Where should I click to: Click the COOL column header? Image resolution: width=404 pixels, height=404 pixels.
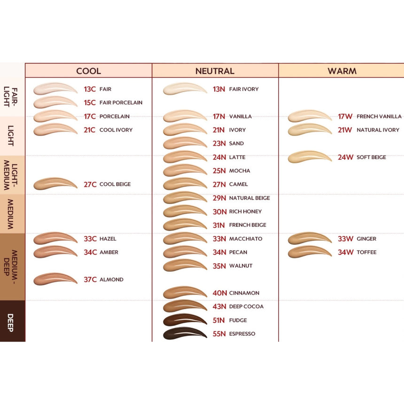point(88,71)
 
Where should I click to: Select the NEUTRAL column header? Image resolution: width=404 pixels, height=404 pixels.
point(215,71)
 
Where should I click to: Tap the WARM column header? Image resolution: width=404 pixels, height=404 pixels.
point(342,71)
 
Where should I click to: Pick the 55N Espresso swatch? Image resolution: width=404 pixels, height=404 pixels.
point(185,334)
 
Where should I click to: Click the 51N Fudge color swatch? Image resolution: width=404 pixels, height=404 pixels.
point(185,320)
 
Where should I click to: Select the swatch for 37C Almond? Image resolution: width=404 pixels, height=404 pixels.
point(55,279)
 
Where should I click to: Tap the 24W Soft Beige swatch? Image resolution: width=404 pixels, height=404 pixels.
point(310,157)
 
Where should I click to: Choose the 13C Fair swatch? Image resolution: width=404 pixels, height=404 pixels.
point(55,89)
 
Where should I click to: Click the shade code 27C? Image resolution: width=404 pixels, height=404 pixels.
point(90,184)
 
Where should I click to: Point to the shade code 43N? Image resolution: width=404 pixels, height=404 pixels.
point(219,306)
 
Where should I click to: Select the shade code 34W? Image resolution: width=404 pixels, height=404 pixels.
point(345,252)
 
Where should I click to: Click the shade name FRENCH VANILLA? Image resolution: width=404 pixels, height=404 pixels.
point(379,117)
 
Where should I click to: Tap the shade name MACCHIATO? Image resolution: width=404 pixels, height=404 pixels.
point(246,239)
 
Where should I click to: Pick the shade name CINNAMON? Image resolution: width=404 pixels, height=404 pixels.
point(244,293)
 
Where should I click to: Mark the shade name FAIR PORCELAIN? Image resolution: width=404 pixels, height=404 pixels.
point(121,102)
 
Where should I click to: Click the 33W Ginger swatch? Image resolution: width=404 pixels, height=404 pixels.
point(310,239)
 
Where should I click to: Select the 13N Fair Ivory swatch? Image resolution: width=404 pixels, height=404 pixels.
point(185,89)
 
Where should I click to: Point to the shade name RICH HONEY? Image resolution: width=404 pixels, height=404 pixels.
point(245,211)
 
